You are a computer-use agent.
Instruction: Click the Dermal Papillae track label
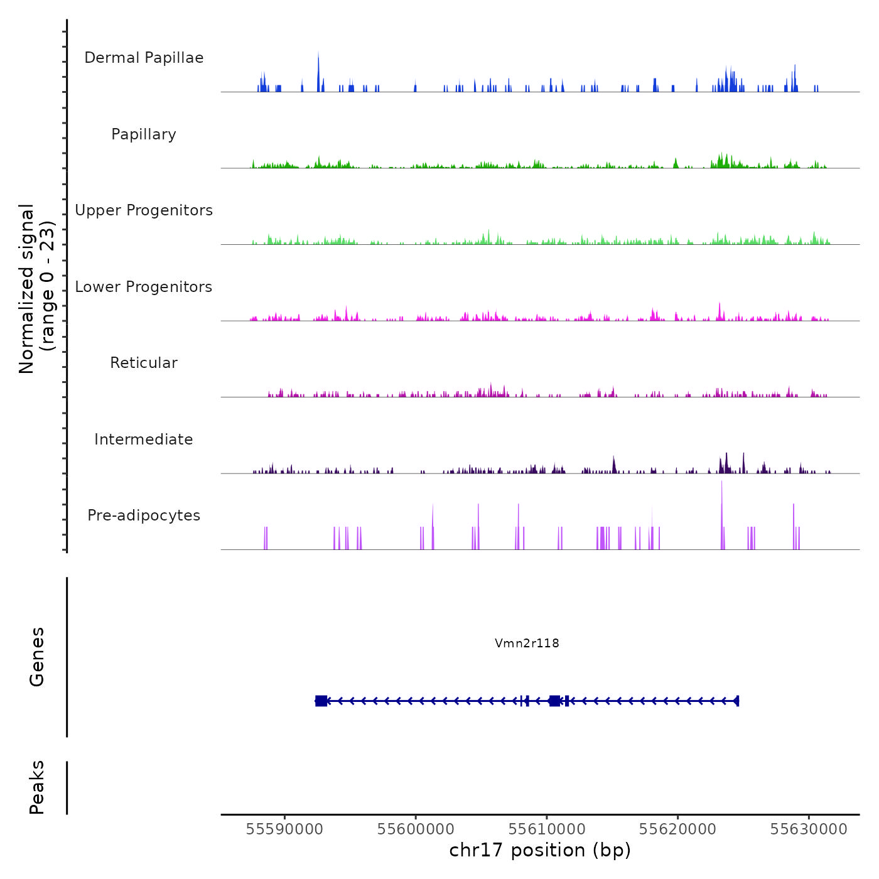[x=144, y=58]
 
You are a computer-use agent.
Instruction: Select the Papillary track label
[x=144, y=134]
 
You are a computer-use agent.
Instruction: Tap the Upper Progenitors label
[x=144, y=210]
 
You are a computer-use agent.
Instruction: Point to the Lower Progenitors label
[x=144, y=287]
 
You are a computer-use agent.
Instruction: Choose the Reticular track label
[x=144, y=363]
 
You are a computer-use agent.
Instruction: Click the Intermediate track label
[x=144, y=439]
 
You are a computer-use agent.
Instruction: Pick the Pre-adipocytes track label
[x=144, y=515]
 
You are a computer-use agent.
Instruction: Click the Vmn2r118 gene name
[x=527, y=643]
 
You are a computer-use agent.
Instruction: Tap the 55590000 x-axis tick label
[x=284, y=829]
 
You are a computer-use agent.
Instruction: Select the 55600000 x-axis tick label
[x=416, y=829]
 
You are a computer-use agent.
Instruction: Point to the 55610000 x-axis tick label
[x=547, y=829]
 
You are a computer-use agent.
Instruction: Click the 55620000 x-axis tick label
[x=677, y=829]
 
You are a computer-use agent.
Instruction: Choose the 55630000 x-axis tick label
[x=809, y=829]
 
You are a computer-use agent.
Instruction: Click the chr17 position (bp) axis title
[x=540, y=850]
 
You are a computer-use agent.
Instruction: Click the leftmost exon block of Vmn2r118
[x=321, y=701]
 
